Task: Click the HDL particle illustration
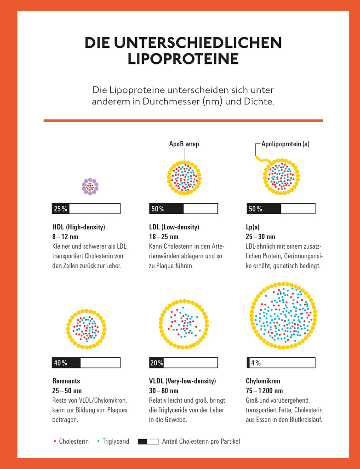[x=90, y=187]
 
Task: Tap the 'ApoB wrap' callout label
[x=184, y=144]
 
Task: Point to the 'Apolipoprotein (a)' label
[x=285, y=144]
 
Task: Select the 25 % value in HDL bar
[x=60, y=209]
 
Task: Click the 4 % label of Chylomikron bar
[x=256, y=363]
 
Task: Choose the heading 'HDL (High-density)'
[x=79, y=227]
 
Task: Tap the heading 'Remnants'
[x=66, y=381]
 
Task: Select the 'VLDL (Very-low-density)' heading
[x=182, y=381]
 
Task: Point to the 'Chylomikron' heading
[x=263, y=381]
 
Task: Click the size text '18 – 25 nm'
[x=164, y=237]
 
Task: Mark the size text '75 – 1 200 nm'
[x=268, y=391]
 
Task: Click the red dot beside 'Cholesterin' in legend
[x=55, y=441]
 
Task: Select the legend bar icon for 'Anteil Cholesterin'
[x=148, y=441]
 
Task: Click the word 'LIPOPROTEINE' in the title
[x=183, y=59]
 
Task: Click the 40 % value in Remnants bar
[x=60, y=363]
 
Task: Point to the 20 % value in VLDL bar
[x=157, y=363]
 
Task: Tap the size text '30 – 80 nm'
[x=164, y=391]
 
